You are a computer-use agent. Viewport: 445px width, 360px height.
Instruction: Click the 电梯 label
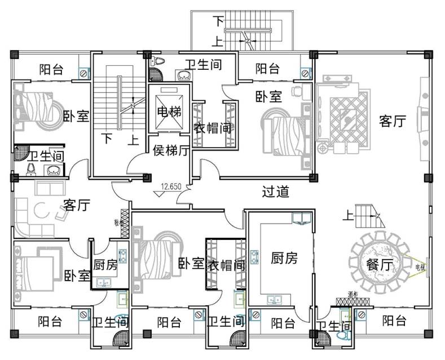pyautogui.click(x=169, y=112)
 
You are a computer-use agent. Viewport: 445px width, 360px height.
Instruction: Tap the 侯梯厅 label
pyautogui.click(x=171, y=150)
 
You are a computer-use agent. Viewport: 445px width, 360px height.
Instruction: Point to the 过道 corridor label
pyautogui.click(x=276, y=192)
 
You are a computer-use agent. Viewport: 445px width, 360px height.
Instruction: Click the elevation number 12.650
pyautogui.click(x=170, y=186)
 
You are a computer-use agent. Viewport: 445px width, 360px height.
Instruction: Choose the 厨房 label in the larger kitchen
pyautogui.click(x=284, y=259)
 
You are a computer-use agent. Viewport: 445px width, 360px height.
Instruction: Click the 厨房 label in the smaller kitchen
pyautogui.click(x=105, y=264)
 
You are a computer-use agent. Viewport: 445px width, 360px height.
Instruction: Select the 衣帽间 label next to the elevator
pyautogui.click(x=213, y=128)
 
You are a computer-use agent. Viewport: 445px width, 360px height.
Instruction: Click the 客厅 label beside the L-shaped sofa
pyautogui.click(x=77, y=205)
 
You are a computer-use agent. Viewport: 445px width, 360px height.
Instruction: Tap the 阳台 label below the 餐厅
pyautogui.click(x=394, y=321)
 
